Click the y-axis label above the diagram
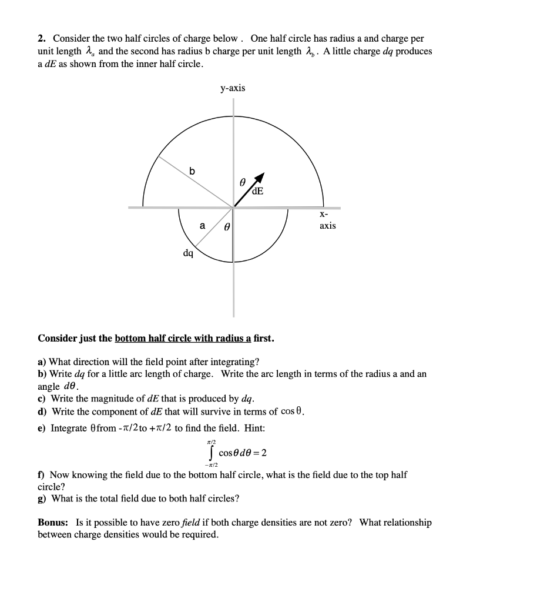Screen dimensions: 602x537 coord(233,88)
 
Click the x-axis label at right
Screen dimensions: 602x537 coord(327,221)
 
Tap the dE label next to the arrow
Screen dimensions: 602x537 coord(257,191)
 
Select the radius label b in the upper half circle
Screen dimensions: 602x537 coord(192,171)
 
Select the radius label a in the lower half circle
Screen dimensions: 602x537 coord(202,225)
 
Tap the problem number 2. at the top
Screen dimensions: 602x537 coord(42,39)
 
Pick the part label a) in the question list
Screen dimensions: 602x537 coord(42,362)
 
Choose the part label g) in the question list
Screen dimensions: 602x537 coord(42,499)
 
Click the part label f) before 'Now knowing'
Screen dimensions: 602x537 coord(41,474)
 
